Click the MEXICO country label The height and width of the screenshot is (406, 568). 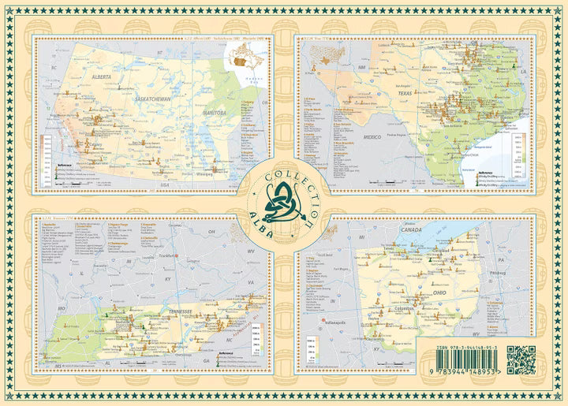pyautogui.click(x=349, y=136)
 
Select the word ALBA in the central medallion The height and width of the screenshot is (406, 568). pyautogui.click(x=261, y=204)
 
